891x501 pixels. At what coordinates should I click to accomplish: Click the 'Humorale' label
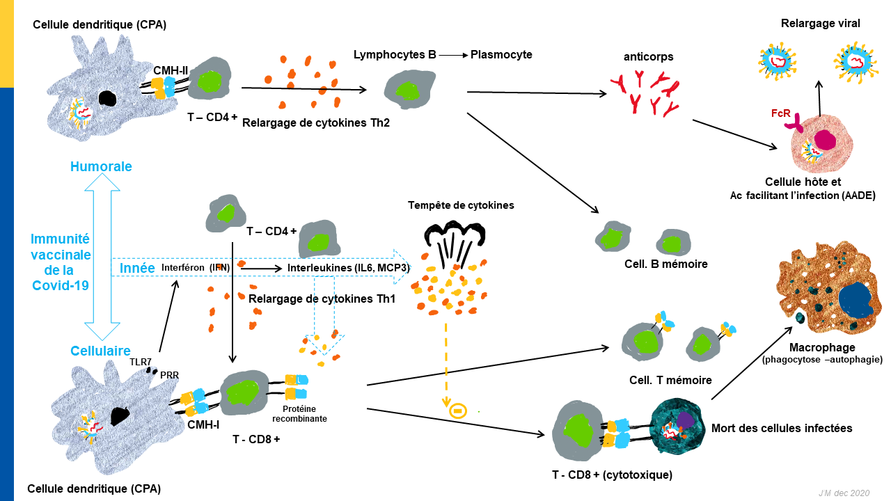(x=101, y=166)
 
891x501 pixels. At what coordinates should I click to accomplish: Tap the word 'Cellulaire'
(x=100, y=351)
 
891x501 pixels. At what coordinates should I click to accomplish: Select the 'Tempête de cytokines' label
(x=461, y=205)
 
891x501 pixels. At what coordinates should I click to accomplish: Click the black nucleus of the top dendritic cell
(x=107, y=98)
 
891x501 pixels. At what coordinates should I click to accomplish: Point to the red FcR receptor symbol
(x=794, y=124)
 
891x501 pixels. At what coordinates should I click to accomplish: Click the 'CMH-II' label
(x=171, y=70)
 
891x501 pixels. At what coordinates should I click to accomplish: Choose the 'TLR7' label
(x=141, y=362)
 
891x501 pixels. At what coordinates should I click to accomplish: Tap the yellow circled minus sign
(x=458, y=411)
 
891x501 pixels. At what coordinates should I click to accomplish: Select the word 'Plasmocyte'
(x=501, y=54)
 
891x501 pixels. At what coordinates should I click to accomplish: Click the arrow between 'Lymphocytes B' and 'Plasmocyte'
(x=453, y=55)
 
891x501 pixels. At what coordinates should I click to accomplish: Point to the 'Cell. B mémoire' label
(x=666, y=264)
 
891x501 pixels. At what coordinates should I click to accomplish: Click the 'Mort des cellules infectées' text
(x=782, y=428)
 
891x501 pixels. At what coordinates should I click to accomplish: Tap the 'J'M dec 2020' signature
(x=844, y=493)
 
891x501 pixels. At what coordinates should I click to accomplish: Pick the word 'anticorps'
(x=648, y=57)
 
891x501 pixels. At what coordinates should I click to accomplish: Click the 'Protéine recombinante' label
(x=299, y=413)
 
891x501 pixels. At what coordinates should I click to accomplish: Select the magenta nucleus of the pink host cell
(x=825, y=140)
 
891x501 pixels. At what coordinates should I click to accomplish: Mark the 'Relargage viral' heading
(x=820, y=24)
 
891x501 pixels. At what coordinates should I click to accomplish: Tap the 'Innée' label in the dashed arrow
(x=137, y=268)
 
